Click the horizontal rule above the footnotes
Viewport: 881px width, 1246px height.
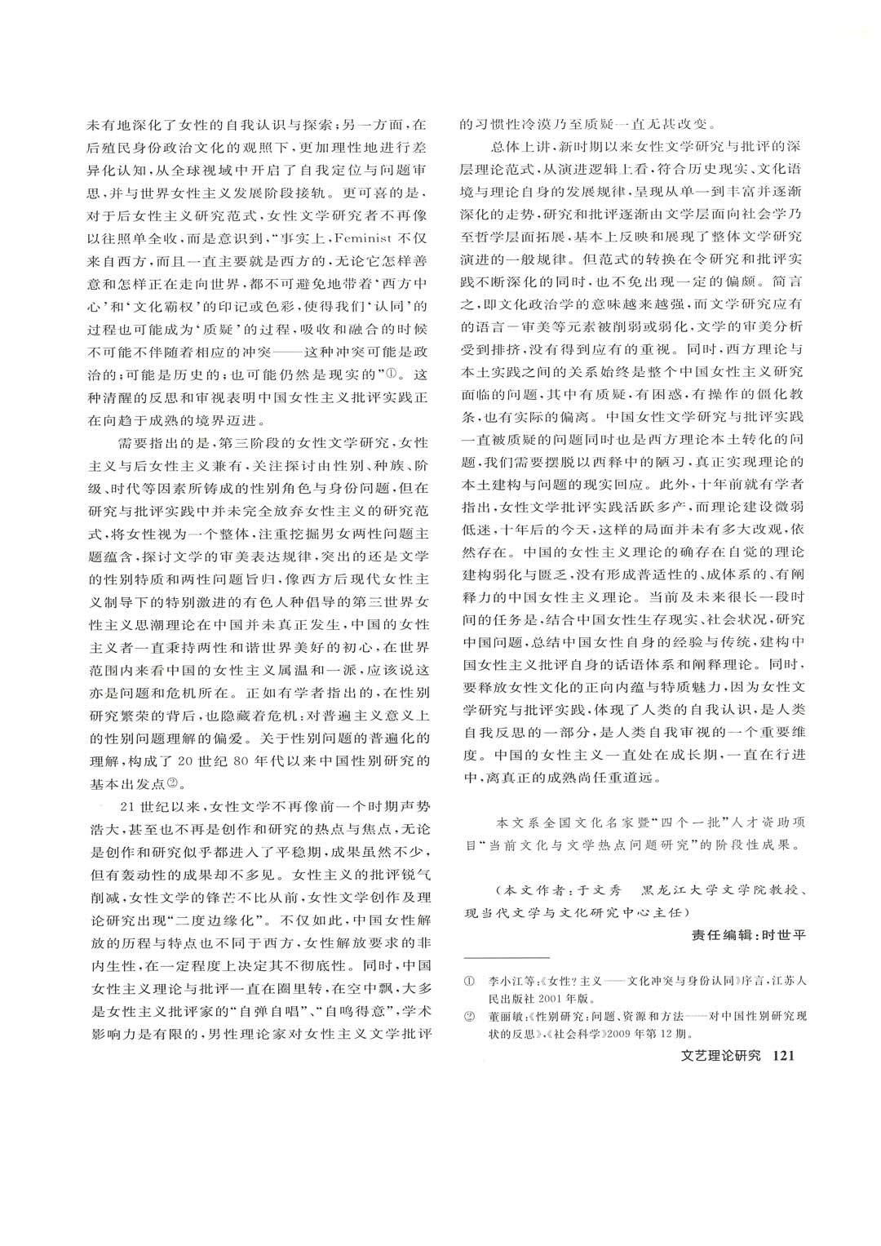pos(507,957)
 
